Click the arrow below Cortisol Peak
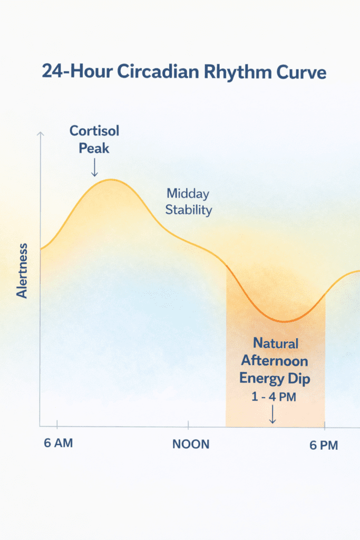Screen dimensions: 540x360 point(94,168)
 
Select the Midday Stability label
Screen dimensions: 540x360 point(189,201)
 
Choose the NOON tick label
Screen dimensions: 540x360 point(191,444)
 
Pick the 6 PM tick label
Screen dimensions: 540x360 point(323,445)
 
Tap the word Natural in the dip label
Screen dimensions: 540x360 point(275,343)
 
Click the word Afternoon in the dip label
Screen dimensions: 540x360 point(274,361)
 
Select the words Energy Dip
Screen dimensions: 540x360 point(274,379)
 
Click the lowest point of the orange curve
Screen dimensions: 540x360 point(285,321)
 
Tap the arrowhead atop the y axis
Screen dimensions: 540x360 point(40,134)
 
